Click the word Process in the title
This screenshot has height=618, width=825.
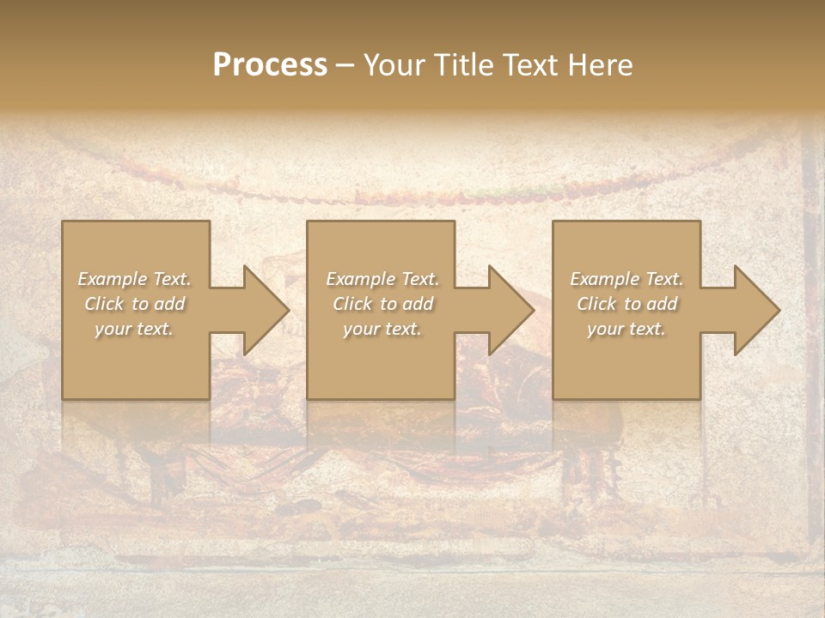(x=270, y=65)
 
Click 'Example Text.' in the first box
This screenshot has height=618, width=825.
(x=134, y=279)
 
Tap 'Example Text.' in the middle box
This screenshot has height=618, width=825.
(x=382, y=279)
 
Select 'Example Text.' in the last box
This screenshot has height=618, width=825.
(x=626, y=279)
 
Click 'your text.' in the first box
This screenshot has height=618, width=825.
(x=134, y=329)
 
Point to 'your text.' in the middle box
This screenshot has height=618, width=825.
(x=382, y=329)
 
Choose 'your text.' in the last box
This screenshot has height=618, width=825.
(x=626, y=329)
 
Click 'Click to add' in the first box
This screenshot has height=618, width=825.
(x=134, y=304)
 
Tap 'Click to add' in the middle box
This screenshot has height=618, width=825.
(x=382, y=304)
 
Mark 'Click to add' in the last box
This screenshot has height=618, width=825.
(x=626, y=304)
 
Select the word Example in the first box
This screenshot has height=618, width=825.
(x=113, y=279)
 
